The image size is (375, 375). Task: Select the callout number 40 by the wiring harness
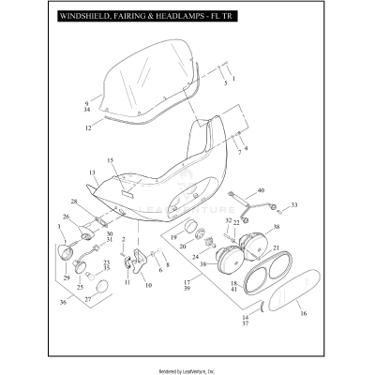(262, 191)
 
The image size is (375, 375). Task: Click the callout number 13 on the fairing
(93, 173)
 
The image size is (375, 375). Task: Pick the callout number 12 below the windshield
(87, 127)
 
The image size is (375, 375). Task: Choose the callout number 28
(73, 202)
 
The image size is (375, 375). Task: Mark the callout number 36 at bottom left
(63, 302)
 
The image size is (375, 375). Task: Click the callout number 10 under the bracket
(146, 284)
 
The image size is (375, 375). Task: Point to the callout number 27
(89, 298)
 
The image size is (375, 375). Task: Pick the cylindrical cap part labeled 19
(188, 230)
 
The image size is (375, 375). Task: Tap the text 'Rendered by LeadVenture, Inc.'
(187, 366)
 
